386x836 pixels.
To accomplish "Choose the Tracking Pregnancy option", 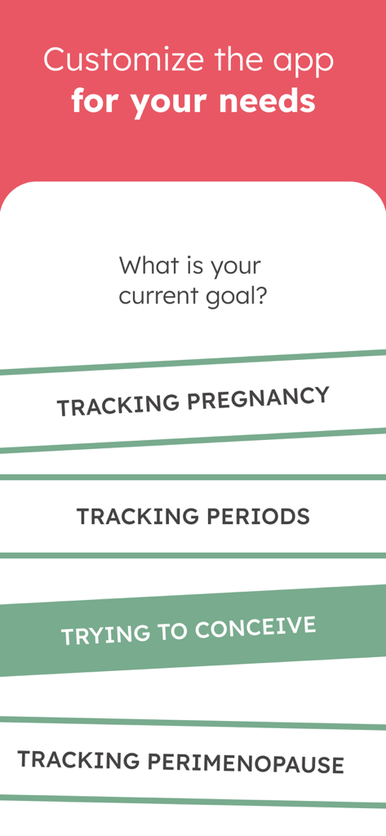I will click(193, 401).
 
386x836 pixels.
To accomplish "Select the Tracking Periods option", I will click(193, 516).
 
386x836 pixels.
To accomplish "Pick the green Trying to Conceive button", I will click(193, 630).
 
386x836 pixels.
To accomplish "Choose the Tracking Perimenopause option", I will click(181, 762).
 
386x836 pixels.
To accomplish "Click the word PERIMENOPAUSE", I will click(246, 763).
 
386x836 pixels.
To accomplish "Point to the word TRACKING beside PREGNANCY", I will click(118, 405).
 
